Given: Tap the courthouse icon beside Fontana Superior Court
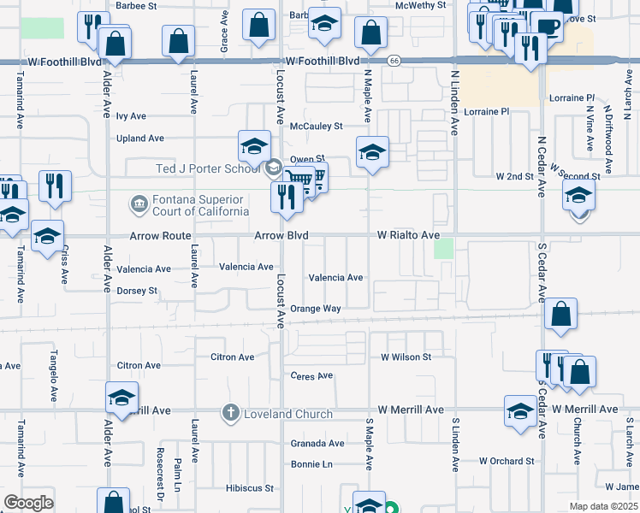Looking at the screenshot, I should pos(138,205).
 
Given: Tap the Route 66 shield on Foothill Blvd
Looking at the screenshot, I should pos(394,61).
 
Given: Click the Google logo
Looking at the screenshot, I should pos(28,502).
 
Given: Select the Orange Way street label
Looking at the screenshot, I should pos(316,309).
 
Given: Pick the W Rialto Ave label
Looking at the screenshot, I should pos(409,234).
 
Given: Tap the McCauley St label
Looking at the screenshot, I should pos(316,126).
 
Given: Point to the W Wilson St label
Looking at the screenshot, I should pos(406,356).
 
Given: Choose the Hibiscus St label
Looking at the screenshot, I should pos(249,489).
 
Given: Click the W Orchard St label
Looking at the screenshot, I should pos(507,461).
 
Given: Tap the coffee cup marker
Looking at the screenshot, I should pos(547,25).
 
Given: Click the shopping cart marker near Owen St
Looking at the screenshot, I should pos(299,181).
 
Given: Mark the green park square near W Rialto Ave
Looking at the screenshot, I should pos(443,249).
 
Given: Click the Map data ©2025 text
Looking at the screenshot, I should pos(603,506).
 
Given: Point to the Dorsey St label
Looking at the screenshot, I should pos(137,291).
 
